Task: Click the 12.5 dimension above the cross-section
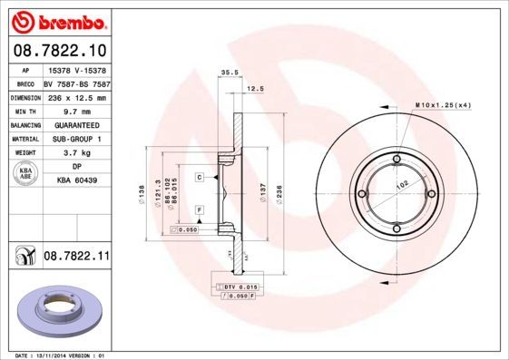255,90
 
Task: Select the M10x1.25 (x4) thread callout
443,105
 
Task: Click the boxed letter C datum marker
199,178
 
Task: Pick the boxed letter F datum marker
199,210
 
